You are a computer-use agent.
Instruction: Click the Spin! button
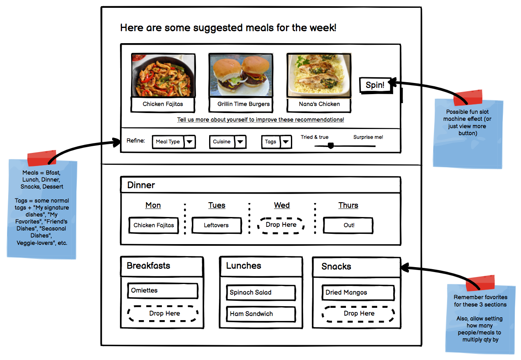coord(375,85)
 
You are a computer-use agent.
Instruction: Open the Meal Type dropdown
coord(173,142)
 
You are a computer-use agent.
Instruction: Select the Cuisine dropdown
coord(227,142)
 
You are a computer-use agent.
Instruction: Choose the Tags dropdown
coord(277,142)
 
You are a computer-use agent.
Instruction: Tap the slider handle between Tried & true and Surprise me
coord(330,145)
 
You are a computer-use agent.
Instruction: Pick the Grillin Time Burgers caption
coord(244,104)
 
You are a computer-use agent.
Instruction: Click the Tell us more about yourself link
coord(260,120)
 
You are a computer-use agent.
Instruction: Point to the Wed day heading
coord(282,205)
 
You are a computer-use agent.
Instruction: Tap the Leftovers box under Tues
coord(217,225)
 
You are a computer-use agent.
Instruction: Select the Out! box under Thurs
coord(348,225)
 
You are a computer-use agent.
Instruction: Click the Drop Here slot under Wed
coord(281,225)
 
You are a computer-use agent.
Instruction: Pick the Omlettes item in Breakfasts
coord(162,291)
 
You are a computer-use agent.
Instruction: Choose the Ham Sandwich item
coord(260,314)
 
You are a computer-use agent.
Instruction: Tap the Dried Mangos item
coord(358,293)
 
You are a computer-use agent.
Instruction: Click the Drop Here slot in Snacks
coord(358,314)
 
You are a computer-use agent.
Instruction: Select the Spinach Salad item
coord(260,293)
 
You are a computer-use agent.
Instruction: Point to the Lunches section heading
coord(244,266)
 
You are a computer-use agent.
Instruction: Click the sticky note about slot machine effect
coord(468,132)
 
